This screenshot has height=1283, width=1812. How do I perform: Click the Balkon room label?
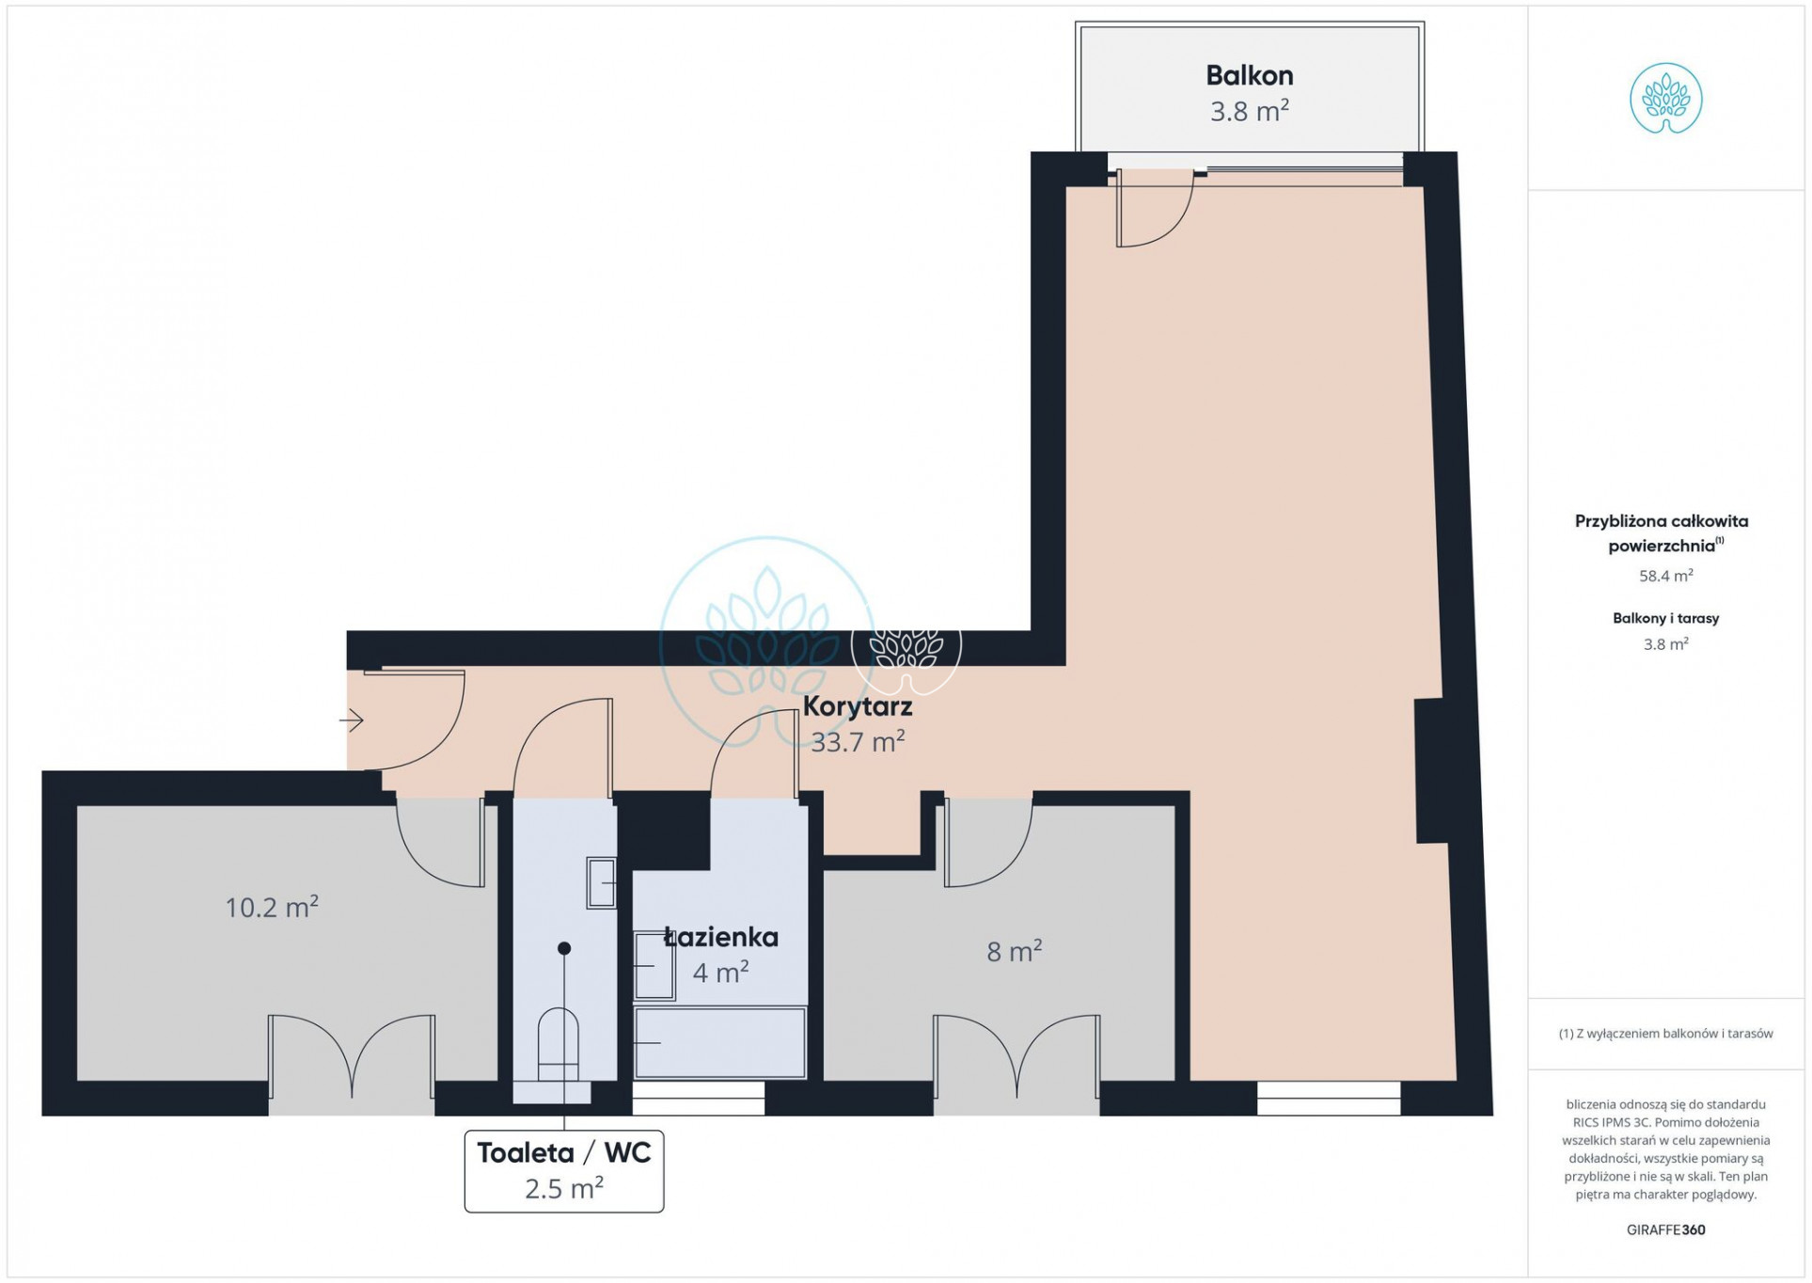pyautogui.click(x=1249, y=75)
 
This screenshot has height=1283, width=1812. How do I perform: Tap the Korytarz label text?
pyautogui.click(x=857, y=705)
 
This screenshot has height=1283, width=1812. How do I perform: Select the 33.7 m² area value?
pyautogui.click(x=858, y=741)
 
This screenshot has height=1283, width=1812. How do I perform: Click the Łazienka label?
pyautogui.click(x=721, y=937)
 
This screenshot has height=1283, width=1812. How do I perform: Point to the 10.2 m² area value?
pyautogui.click(x=272, y=907)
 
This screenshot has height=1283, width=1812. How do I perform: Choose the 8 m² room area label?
pyautogui.click(x=1015, y=951)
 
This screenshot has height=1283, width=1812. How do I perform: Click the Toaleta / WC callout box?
pyautogui.click(x=564, y=1171)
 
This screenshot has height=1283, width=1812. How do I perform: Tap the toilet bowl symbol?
pyautogui.click(x=559, y=1044)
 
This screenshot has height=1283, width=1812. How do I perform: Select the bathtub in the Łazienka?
pyautogui.click(x=720, y=1043)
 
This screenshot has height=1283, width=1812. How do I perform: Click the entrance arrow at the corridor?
pyautogui.click(x=352, y=721)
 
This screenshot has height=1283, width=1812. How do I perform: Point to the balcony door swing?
pyautogui.click(x=1155, y=208)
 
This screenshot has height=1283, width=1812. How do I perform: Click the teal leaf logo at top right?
pyautogui.click(x=1665, y=99)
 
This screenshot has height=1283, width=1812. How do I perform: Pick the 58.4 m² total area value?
pyautogui.click(x=1665, y=576)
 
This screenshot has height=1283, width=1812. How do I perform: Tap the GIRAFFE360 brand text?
pyautogui.click(x=1665, y=1229)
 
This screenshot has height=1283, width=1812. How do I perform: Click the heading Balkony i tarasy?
pyautogui.click(x=1665, y=618)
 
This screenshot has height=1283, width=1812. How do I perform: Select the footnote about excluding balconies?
pyautogui.click(x=1665, y=1034)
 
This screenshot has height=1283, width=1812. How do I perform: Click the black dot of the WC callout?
pyautogui.click(x=564, y=948)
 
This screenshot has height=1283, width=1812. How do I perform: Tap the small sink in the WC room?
pyautogui.click(x=602, y=883)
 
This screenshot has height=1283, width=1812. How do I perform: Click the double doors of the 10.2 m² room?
pyautogui.click(x=352, y=1057)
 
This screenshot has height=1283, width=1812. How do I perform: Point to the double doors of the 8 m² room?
pyautogui.click(x=1016, y=1057)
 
